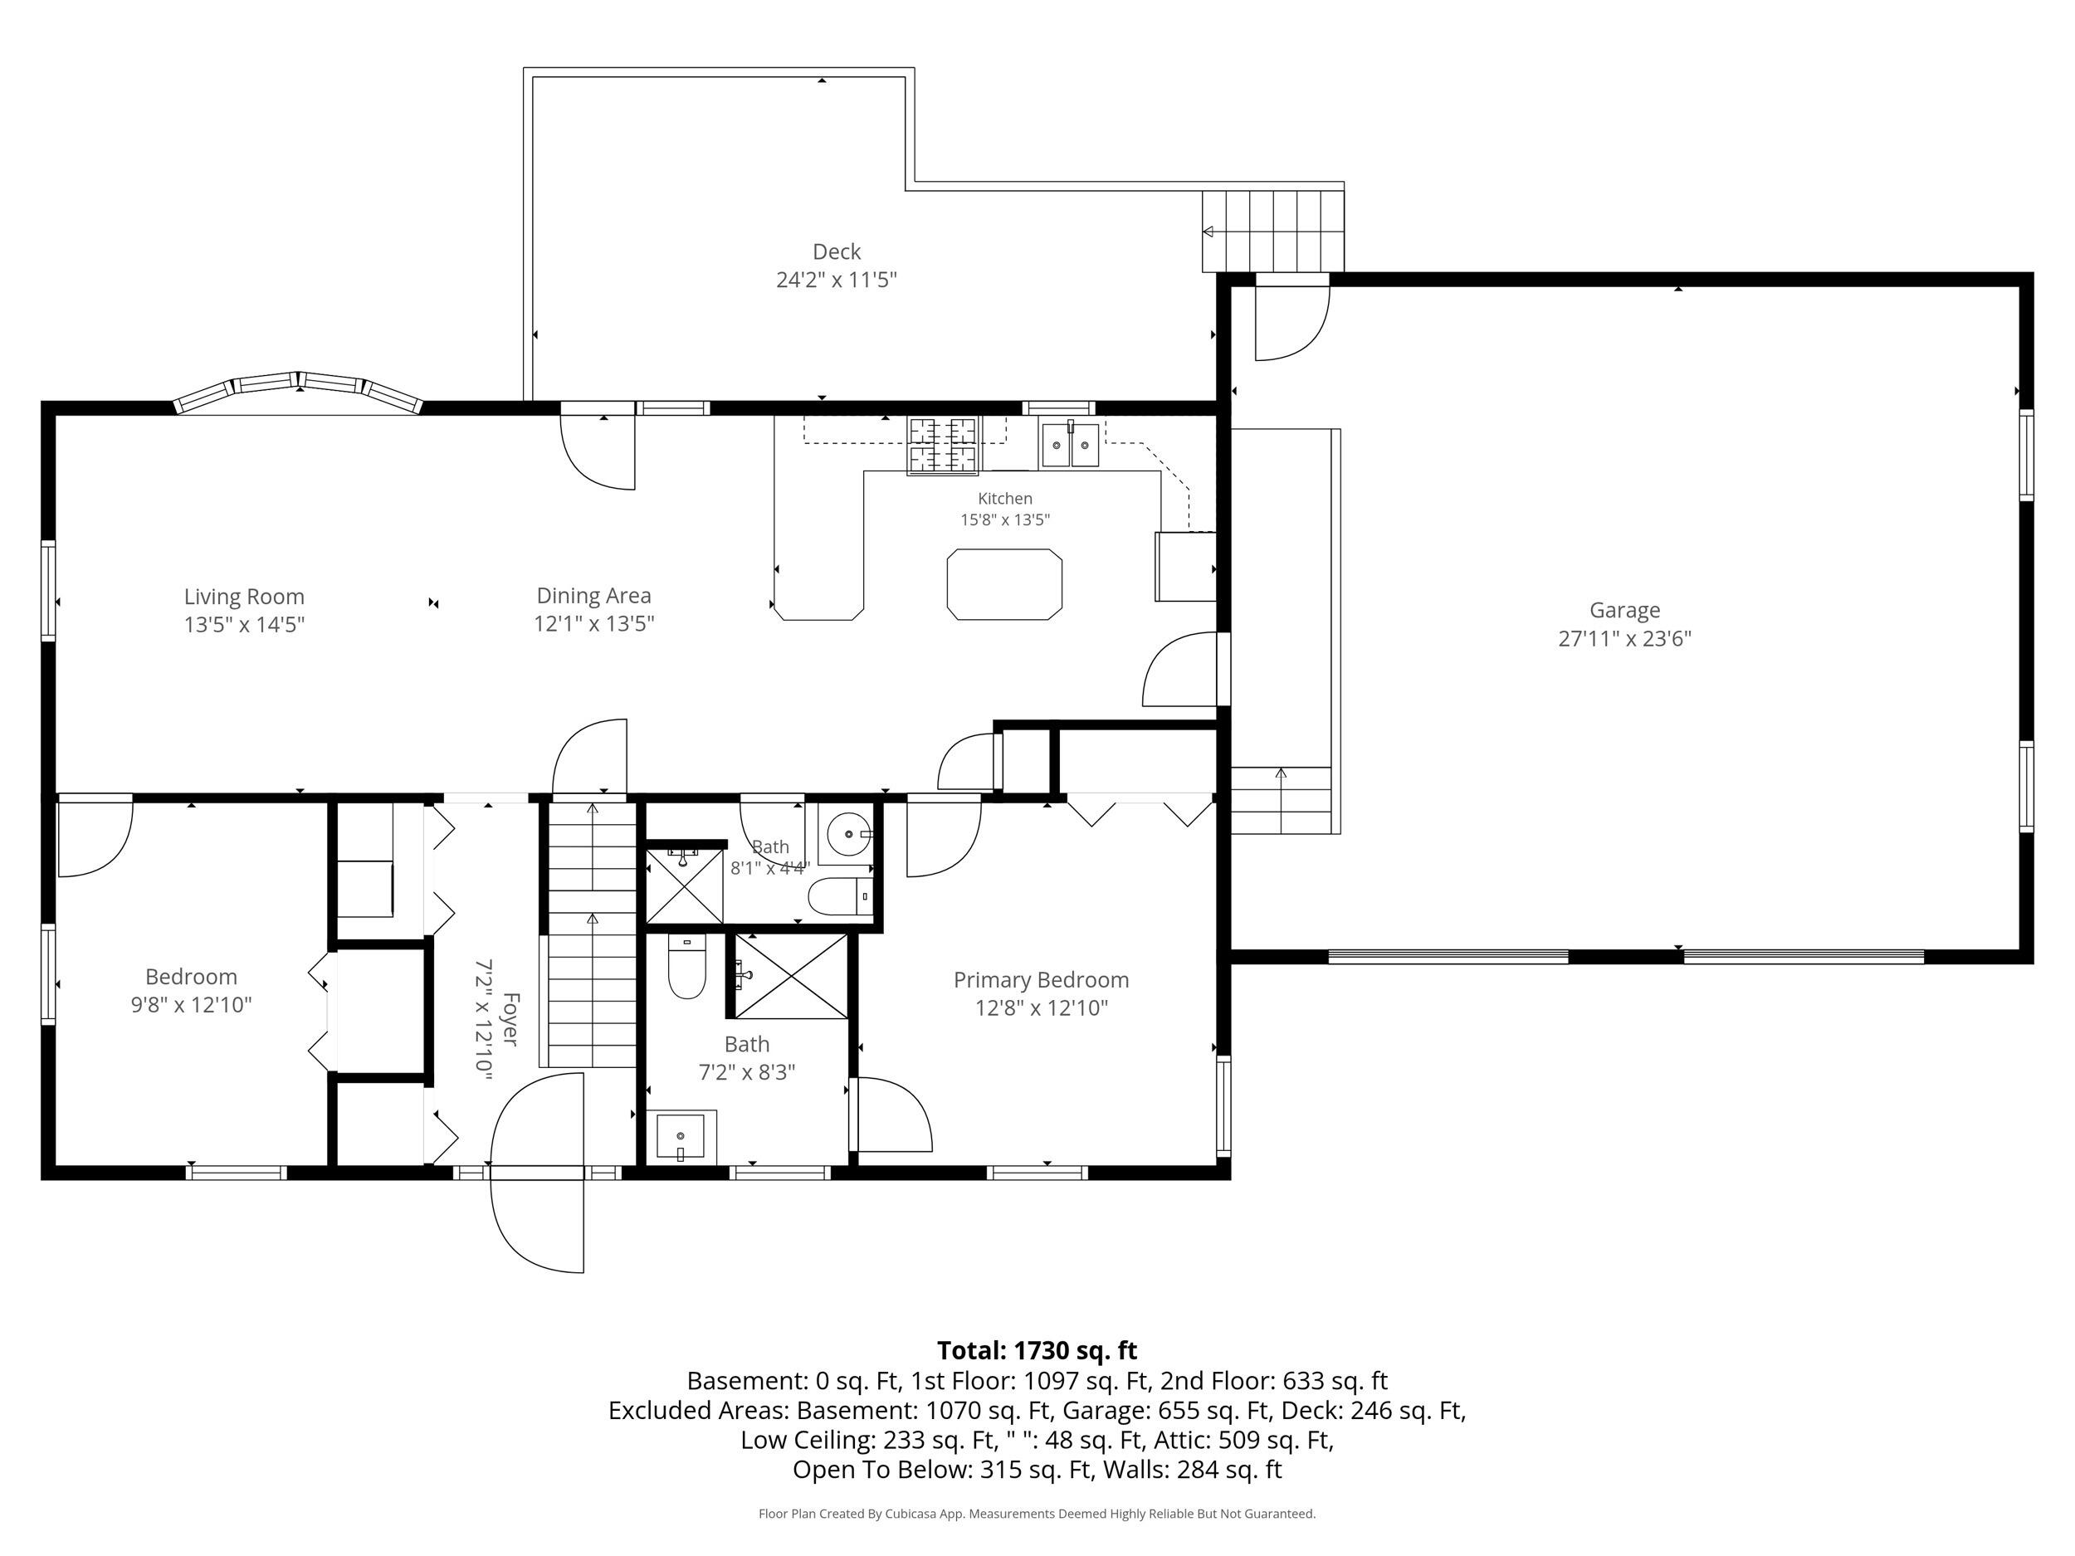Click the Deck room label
(x=836, y=251)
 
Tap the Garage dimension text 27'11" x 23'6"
(x=1625, y=639)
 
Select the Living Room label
(x=244, y=597)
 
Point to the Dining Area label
(x=593, y=596)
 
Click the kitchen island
(x=1004, y=584)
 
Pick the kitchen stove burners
(x=943, y=445)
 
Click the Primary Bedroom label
(x=1042, y=980)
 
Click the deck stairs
(x=1273, y=231)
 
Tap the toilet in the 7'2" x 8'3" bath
(x=686, y=966)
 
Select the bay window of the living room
(x=298, y=393)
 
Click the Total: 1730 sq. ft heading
(x=1037, y=1350)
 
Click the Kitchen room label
(x=1004, y=499)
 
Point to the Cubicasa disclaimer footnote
(x=1037, y=1514)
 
